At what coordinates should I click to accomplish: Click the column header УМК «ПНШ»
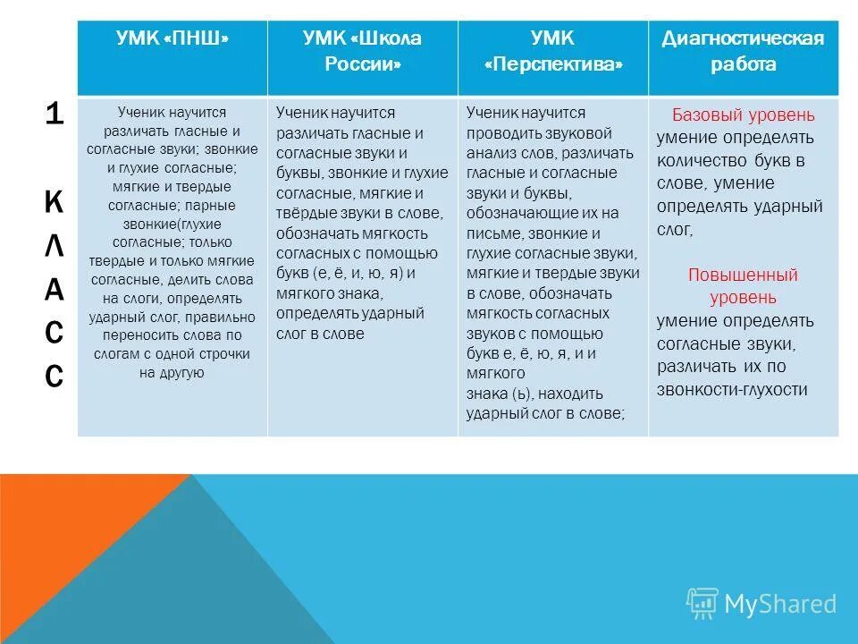coord(172,38)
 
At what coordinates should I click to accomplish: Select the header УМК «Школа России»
coord(362,52)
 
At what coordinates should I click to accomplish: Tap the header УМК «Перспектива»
coord(553,52)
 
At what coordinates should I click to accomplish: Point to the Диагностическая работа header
coord(743,52)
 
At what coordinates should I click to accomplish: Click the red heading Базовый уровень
coord(743,115)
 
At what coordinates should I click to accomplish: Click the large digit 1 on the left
coord(54,115)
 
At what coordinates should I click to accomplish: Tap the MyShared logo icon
coord(702,604)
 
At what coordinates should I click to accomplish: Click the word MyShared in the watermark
coord(780,605)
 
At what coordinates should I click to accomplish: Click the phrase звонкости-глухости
coord(732,389)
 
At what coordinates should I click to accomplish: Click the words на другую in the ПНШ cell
coord(172,373)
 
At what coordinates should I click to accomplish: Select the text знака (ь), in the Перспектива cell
coord(497,393)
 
